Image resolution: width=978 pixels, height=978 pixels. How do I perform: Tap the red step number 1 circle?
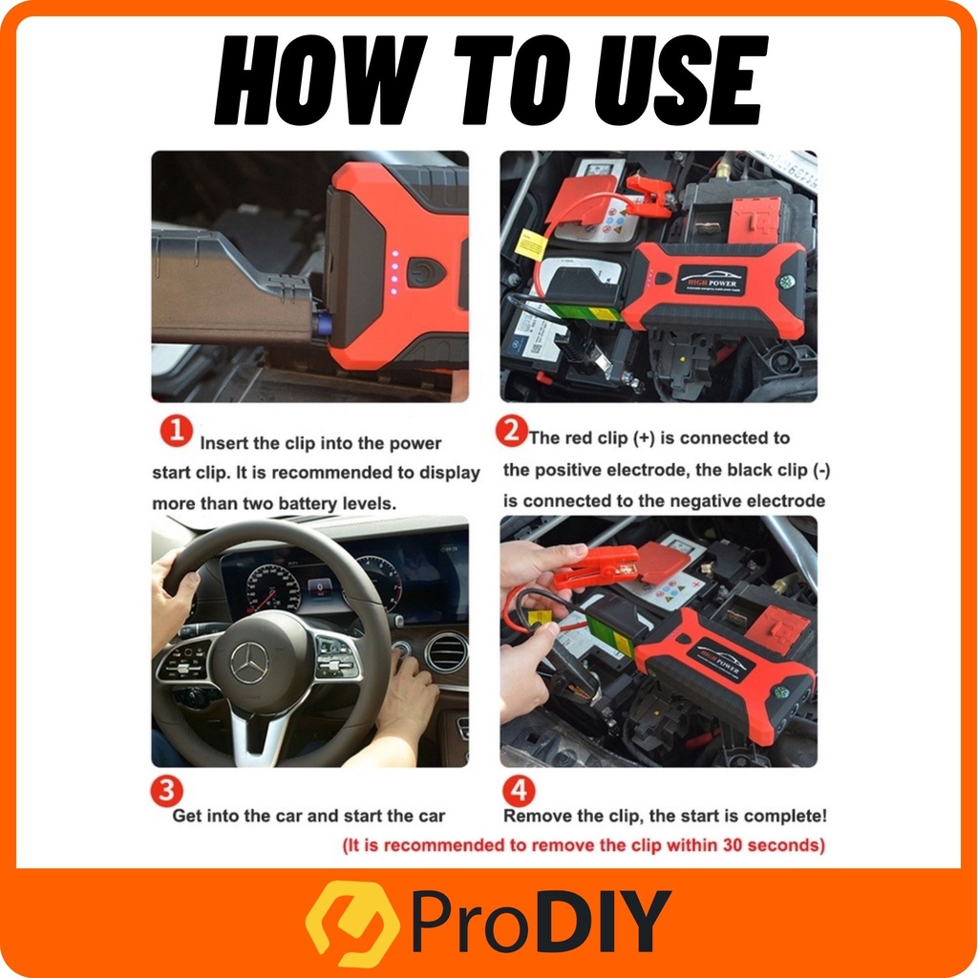(x=176, y=432)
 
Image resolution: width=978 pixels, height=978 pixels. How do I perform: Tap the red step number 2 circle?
(x=512, y=431)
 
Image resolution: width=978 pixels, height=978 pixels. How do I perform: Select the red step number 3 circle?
(x=166, y=790)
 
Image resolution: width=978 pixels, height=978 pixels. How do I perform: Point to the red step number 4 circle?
(x=519, y=790)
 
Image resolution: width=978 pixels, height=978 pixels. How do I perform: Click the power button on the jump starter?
(x=427, y=273)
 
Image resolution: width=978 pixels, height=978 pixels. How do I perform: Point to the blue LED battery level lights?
(x=393, y=272)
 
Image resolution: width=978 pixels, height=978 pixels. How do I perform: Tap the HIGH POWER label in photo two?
(x=712, y=282)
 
